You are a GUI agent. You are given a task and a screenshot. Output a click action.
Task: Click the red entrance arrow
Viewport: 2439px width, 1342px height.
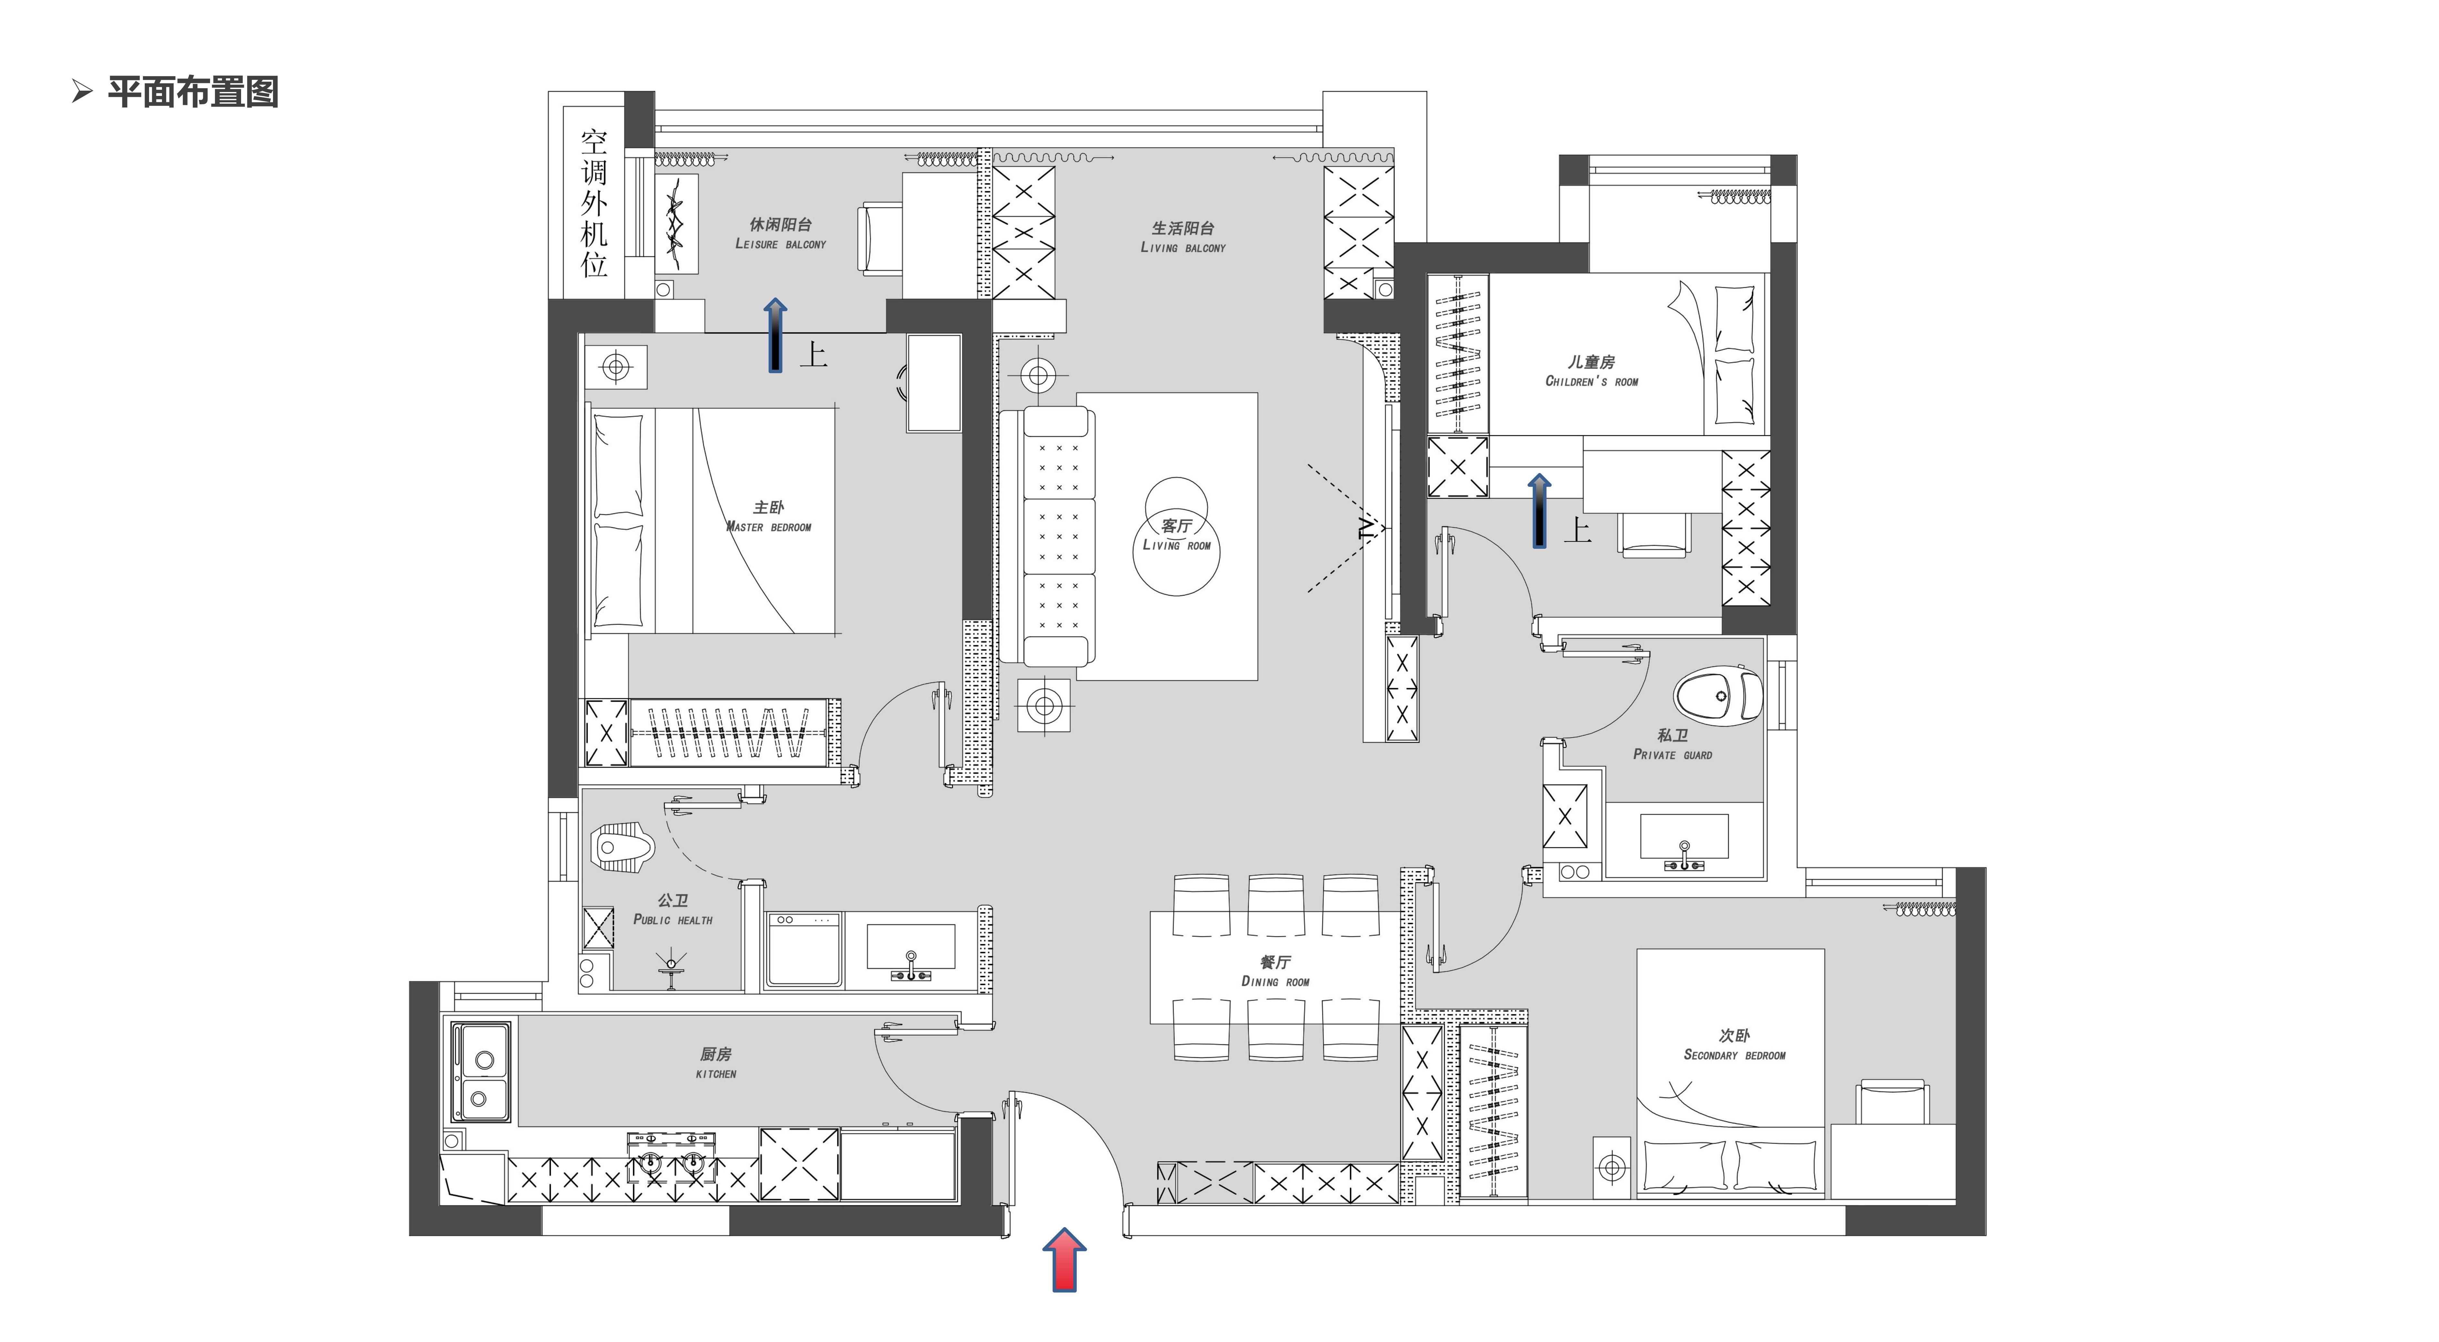click(1064, 1260)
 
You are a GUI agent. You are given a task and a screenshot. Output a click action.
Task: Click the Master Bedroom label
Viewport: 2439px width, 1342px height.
click(769, 517)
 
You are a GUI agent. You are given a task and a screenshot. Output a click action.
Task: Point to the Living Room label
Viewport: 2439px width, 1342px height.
click(1177, 535)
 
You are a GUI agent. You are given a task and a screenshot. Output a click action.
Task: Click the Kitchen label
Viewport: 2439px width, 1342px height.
click(716, 1063)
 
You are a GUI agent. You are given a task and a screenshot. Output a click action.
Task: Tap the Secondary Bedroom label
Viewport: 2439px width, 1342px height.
click(1735, 1045)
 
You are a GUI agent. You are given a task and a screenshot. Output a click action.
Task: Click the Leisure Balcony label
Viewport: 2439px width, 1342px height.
click(781, 233)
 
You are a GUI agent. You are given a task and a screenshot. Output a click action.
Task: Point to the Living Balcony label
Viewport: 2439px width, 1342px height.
click(1183, 237)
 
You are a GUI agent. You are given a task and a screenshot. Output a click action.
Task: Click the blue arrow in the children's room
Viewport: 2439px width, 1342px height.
click(1539, 511)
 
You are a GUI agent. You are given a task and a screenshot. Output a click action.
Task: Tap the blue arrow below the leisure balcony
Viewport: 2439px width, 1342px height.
click(775, 334)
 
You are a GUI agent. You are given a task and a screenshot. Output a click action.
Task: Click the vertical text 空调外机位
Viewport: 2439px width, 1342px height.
click(594, 204)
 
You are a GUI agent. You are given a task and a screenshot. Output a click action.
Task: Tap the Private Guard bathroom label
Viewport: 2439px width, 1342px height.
click(1672, 744)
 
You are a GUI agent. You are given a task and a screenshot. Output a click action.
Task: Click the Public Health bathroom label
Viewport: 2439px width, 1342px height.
click(673, 909)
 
